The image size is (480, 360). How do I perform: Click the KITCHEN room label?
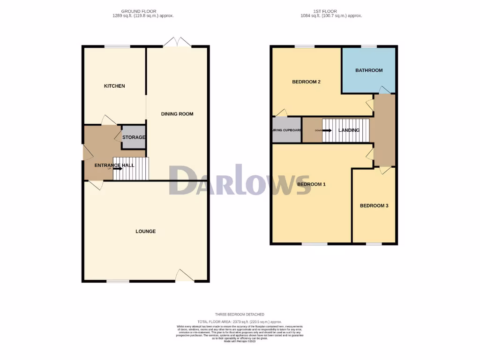click(114, 86)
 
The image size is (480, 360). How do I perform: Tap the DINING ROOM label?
click(177, 114)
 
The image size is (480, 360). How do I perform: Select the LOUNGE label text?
click(145, 231)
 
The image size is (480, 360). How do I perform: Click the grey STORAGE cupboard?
click(133, 137)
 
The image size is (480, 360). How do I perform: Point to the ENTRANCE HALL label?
click(114, 165)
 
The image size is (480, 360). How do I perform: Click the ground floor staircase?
click(131, 169)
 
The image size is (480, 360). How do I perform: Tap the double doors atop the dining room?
click(177, 43)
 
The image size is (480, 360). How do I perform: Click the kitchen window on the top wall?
click(117, 46)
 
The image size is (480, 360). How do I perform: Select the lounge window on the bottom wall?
click(117, 281)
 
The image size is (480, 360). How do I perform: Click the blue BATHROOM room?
click(369, 70)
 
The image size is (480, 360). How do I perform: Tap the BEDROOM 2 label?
click(306, 82)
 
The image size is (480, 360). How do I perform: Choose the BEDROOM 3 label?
click(374, 206)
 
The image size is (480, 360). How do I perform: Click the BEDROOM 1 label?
click(311, 184)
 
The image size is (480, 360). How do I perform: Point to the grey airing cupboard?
click(286, 130)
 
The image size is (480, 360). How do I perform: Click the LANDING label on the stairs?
click(349, 130)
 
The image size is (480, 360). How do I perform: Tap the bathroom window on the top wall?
click(369, 46)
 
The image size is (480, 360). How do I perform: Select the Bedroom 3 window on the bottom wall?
click(374, 244)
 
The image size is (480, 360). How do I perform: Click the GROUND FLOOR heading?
click(139, 11)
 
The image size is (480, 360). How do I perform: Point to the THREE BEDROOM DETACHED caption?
click(240, 315)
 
